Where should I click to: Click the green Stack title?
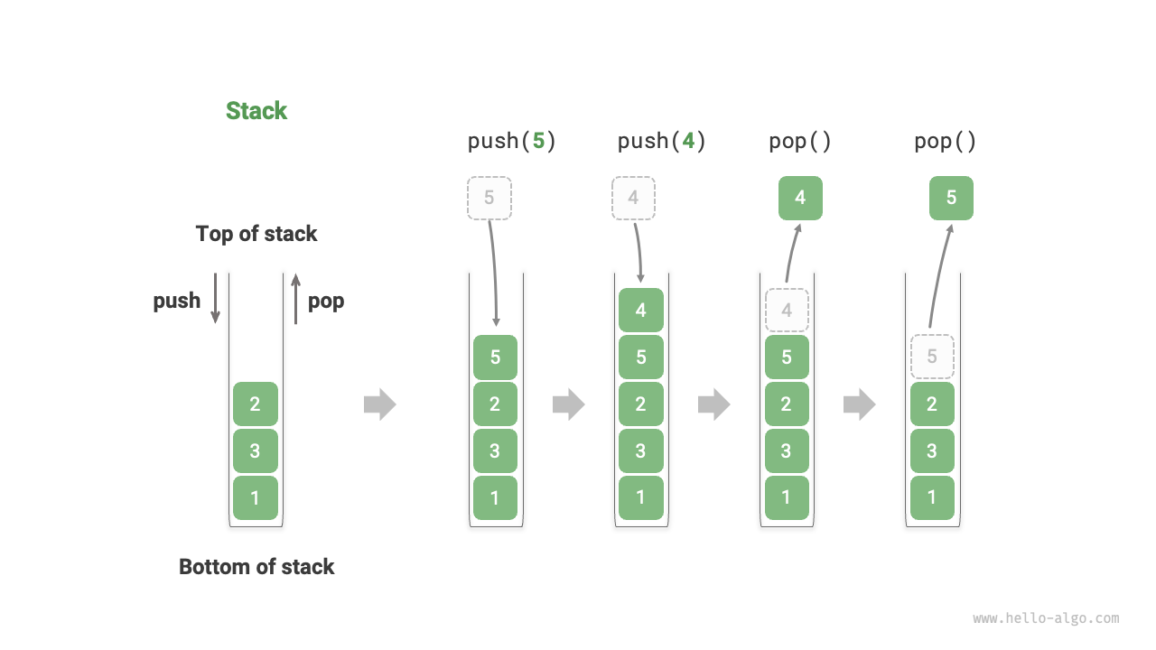click(x=256, y=111)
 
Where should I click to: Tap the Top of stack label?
click(x=256, y=234)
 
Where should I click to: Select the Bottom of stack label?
click(x=256, y=567)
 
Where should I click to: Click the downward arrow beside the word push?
click(x=215, y=298)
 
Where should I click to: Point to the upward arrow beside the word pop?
click(x=295, y=298)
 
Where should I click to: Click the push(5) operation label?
click(x=511, y=141)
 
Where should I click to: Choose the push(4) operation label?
click(x=661, y=141)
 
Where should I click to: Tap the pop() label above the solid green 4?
click(x=800, y=141)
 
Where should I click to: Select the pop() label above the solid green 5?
click(x=946, y=141)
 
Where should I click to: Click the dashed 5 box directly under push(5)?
click(x=489, y=198)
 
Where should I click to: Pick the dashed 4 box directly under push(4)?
click(x=634, y=198)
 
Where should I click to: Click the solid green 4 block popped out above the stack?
click(x=800, y=198)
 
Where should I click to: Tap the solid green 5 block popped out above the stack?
click(x=951, y=198)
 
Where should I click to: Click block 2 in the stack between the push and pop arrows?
click(x=255, y=404)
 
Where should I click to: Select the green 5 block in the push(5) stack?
click(x=495, y=357)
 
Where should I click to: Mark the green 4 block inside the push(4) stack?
click(x=640, y=310)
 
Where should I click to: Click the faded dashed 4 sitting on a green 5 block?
click(x=787, y=310)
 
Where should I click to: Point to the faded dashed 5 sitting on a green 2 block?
click(x=932, y=357)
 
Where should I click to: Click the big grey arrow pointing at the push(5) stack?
click(x=380, y=404)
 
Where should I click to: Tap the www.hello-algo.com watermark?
click(x=1046, y=618)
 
